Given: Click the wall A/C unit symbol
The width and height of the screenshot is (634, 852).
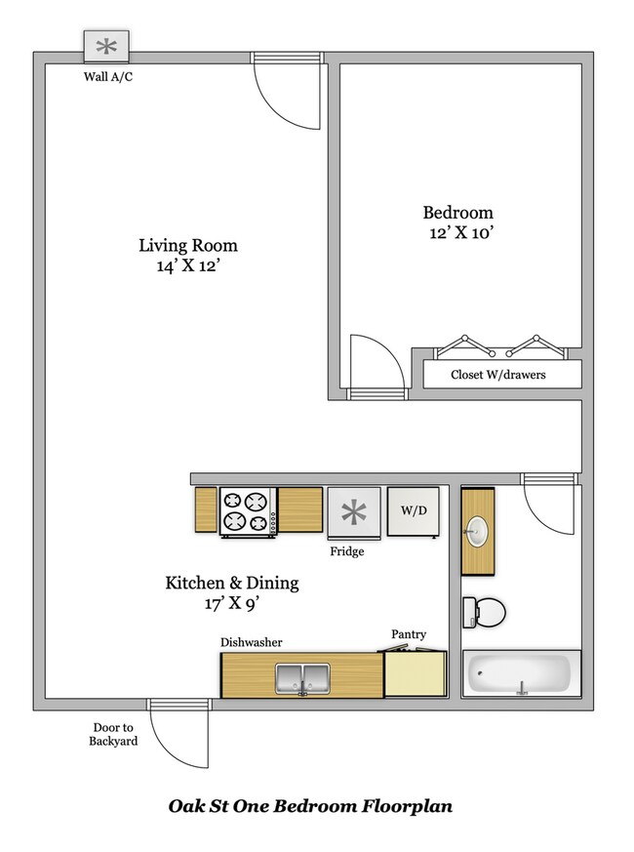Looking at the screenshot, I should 107,45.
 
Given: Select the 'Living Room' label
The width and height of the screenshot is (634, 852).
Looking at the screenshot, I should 187,246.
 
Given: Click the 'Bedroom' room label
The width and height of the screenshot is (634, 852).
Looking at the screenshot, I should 457,213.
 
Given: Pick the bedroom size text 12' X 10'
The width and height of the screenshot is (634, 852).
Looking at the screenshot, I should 457,233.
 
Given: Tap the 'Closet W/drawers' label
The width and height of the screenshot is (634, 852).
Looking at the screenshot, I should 497,375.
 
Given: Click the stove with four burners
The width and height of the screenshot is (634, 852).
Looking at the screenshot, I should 246,511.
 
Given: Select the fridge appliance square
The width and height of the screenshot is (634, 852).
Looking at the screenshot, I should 352,512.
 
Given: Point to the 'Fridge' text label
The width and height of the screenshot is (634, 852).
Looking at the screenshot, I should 346,551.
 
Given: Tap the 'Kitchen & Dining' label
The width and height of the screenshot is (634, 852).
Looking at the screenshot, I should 231,584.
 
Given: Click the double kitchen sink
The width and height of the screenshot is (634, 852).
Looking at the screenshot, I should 301,676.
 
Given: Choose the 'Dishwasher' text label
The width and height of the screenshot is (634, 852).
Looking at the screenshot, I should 251,642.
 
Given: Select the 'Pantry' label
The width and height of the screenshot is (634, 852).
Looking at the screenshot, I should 409,635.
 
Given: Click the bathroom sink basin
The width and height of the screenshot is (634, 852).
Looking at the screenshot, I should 478,532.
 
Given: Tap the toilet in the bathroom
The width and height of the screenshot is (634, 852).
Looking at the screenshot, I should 484,612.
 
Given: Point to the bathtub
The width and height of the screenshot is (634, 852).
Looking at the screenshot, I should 520,674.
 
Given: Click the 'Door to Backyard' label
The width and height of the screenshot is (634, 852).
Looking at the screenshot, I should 115,734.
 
